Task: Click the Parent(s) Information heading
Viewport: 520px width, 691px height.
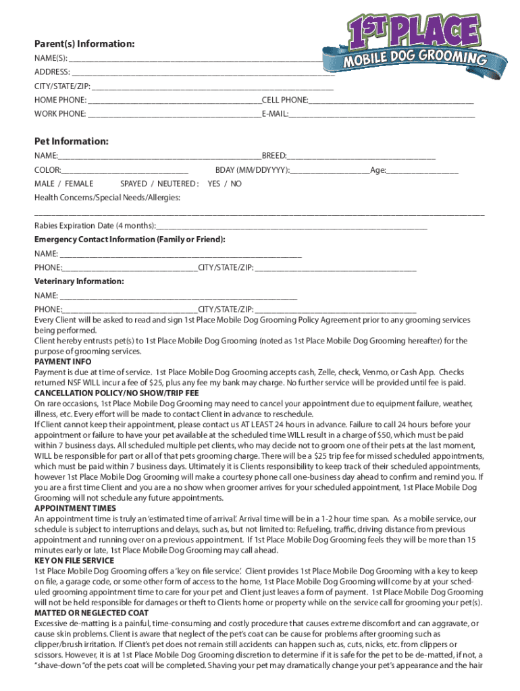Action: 84,44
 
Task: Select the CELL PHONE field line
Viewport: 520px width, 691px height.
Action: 391,101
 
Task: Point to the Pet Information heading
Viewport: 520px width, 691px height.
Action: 71,142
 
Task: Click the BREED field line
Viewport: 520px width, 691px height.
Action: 361,157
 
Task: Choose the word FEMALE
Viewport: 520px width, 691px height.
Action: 79,184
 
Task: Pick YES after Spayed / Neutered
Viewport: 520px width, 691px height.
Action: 214,184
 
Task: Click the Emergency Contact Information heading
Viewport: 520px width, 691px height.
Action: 130,240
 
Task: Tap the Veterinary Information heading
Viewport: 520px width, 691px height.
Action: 79,281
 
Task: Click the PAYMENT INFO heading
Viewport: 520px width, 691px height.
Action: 63,362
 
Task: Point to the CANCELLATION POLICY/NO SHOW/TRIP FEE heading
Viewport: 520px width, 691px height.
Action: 117,393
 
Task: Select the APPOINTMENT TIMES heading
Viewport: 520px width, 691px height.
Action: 75,508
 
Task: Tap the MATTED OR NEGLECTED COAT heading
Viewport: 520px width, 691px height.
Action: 91,613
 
